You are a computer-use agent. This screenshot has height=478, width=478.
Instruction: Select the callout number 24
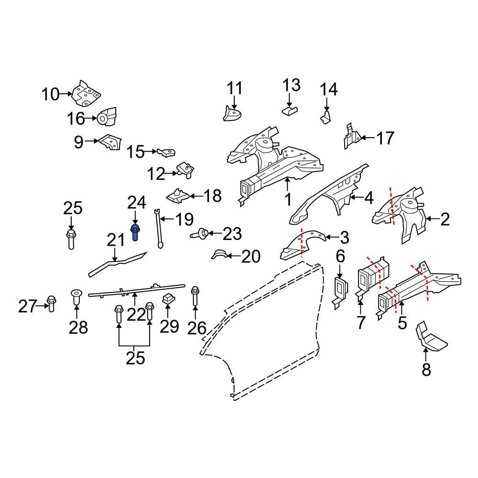136,203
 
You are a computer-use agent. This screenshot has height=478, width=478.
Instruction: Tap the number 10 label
50,94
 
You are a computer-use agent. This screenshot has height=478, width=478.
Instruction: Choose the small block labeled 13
289,110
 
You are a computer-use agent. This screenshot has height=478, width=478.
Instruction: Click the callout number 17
385,138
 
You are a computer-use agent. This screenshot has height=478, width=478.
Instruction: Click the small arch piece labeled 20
220,254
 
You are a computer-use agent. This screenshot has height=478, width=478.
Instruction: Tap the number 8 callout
426,369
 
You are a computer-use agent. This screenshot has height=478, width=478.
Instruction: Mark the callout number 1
288,199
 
